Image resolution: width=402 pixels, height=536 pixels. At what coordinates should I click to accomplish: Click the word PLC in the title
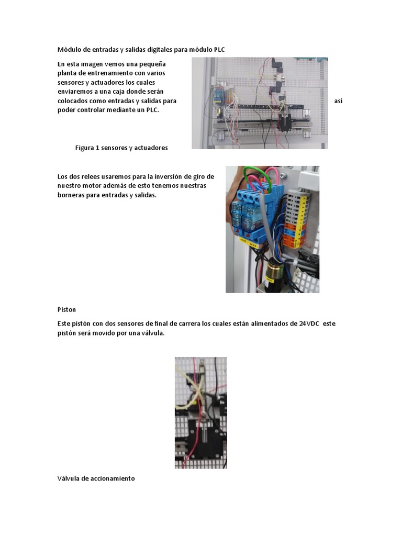click(x=219, y=50)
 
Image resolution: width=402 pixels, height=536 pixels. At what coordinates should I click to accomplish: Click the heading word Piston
click(x=66, y=309)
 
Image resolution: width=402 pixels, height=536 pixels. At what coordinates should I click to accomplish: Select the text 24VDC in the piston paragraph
click(x=309, y=323)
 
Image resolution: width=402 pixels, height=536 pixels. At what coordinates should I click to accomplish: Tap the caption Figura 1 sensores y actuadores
click(x=121, y=148)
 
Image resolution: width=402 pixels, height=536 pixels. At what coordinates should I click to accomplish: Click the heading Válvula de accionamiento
click(x=96, y=478)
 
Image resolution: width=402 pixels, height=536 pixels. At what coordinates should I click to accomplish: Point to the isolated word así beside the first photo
click(x=338, y=100)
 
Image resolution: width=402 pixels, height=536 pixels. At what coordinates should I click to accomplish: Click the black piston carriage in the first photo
click(x=285, y=123)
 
